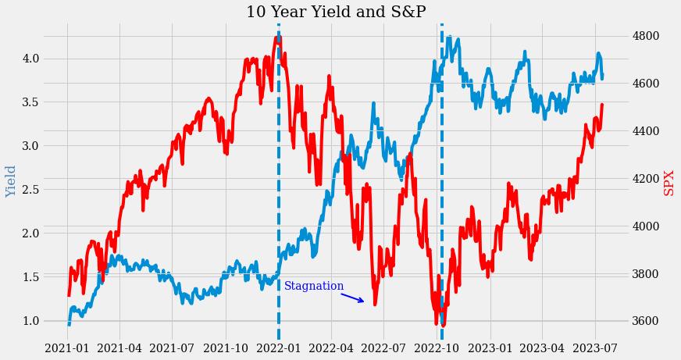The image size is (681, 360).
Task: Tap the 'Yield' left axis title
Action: tap(11, 181)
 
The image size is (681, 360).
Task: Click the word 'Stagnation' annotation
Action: tap(314, 287)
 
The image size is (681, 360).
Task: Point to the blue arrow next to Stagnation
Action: tap(352, 297)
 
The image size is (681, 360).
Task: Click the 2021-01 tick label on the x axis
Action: tap(67, 348)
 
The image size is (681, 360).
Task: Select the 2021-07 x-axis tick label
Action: tap(172, 348)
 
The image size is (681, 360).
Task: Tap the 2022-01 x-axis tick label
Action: tap(279, 348)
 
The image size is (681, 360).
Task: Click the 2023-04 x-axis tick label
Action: tap(542, 348)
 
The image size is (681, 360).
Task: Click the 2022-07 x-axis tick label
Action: tap(384, 348)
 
